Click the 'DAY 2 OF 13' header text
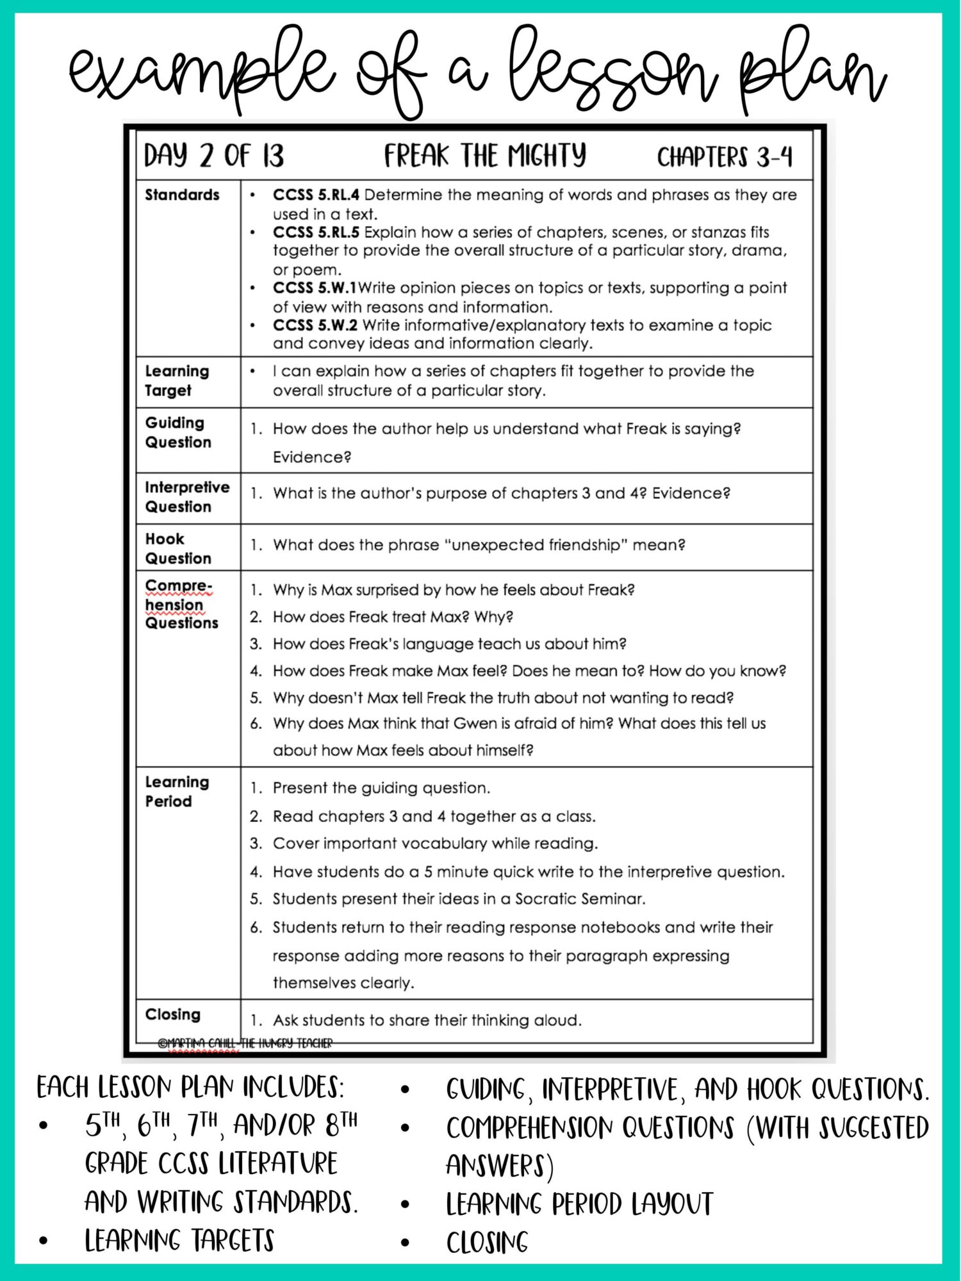[213, 156]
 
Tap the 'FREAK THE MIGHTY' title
[484, 156]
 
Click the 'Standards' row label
[182, 195]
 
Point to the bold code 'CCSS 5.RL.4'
[316, 195]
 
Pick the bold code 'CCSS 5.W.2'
[315, 325]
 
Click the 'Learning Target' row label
[177, 380]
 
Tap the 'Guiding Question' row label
[177, 432]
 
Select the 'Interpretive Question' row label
[186, 497]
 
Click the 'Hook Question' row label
[177, 548]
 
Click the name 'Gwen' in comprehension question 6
[475, 724]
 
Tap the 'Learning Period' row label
[177, 792]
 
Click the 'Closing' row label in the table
[172, 1015]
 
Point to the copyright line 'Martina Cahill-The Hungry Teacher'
[245, 1043]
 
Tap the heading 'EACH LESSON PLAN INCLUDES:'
[190, 1088]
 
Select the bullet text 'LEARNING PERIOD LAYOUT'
[579, 1204]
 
